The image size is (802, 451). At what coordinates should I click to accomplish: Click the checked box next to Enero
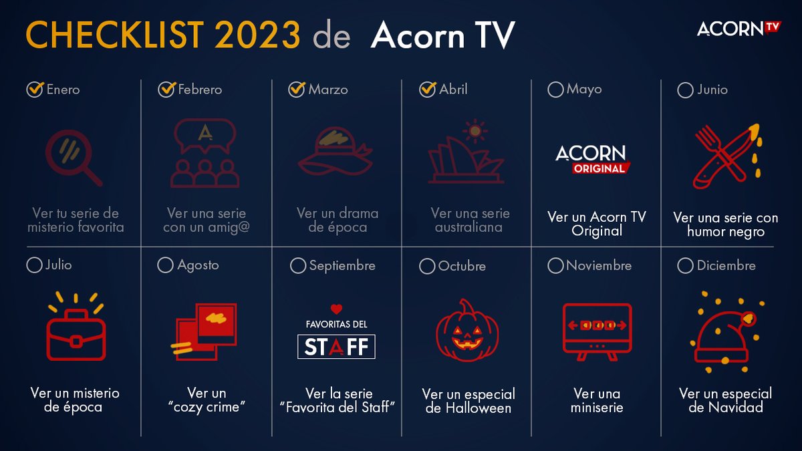click(34, 90)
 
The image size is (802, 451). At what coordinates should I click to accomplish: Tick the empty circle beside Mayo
click(555, 90)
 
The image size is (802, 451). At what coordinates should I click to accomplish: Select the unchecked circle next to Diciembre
click(685, 266)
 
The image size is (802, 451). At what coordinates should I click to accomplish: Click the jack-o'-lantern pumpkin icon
click(468, 331)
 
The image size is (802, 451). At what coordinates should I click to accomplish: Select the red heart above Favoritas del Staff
click(336, 309)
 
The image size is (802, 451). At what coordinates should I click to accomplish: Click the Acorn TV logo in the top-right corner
click(739, 28)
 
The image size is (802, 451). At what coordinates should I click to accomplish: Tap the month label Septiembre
click(342, 266)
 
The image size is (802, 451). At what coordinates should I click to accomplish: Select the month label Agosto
click(198, 266)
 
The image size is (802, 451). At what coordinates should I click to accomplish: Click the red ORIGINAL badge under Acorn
click(599, 168)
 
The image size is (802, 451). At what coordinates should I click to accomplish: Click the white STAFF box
click(336, 347)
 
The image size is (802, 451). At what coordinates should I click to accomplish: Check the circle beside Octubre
click(427, 267)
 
